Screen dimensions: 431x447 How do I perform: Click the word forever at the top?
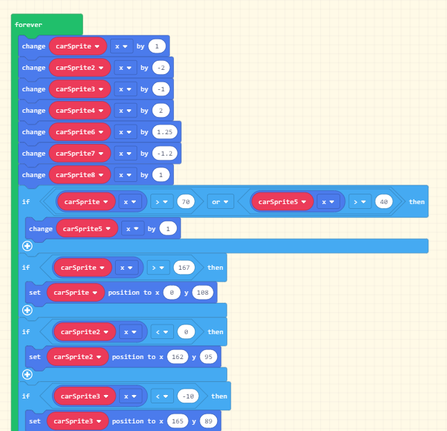point(28,25)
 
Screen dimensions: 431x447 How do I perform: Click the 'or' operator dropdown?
point(220,202)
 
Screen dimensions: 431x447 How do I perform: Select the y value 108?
point(202,293)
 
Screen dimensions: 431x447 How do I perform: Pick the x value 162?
point(178,357)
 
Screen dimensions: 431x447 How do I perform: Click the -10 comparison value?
point(187,396)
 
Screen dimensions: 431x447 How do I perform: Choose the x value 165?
point(178,421)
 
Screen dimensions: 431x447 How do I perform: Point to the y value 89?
point(207,421)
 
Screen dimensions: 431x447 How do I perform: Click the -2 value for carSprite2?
point(161,68)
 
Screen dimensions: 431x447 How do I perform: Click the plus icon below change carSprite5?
point(28,246)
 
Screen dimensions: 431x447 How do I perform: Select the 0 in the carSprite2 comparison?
point(186,332)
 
